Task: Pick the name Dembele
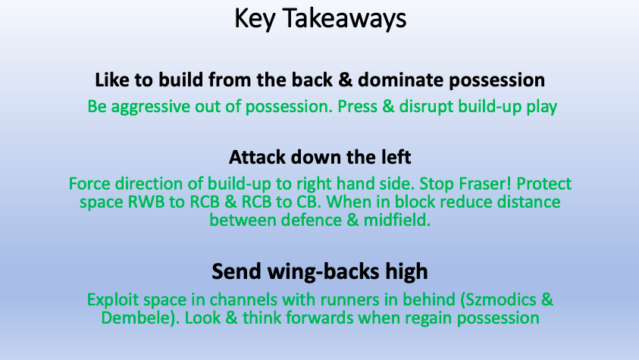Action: click(x=136, y=318)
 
